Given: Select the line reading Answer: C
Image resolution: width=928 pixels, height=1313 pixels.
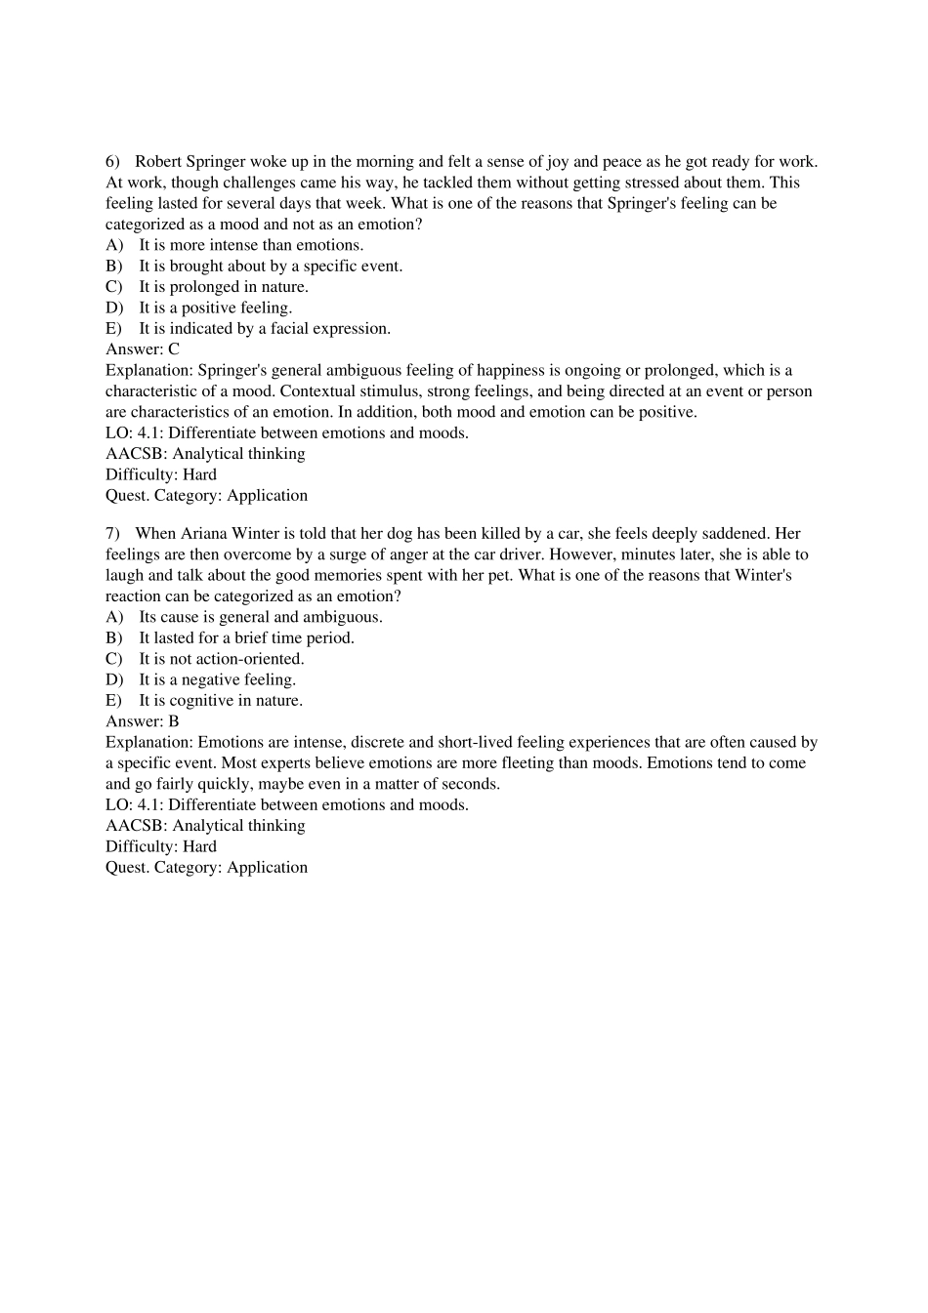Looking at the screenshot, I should [143, 349].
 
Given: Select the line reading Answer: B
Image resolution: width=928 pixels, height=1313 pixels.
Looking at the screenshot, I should [143, 721].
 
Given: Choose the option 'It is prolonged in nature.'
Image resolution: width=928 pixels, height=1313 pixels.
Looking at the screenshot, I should [223, 287].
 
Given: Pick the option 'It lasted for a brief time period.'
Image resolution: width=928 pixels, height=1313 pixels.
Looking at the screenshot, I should [246, 638].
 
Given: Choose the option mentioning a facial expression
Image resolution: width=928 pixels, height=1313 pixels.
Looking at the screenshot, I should [264, 329].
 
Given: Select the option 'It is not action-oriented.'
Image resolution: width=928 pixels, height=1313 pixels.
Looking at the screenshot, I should [221, 659].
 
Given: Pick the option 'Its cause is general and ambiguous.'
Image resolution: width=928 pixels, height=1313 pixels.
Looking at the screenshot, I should [260, 617].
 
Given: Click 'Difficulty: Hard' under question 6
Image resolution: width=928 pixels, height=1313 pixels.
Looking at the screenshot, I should [161, 474].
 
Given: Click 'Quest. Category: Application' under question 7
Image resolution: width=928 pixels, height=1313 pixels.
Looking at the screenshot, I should [206, 868].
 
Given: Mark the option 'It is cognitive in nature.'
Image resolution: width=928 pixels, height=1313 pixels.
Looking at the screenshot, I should [220, 701].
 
